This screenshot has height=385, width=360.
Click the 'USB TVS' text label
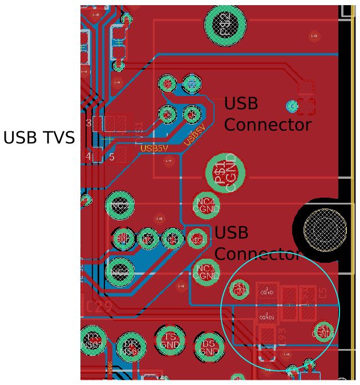pos(39,138)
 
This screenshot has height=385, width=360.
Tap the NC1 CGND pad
pos(205,272)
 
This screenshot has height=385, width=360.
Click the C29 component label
pos(99,307)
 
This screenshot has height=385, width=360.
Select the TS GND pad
pos(171,341)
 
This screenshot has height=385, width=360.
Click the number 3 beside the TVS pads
pos(88,123)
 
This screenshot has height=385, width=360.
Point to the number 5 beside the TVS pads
pos(112,156)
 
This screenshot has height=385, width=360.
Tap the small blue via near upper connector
pos(292,106)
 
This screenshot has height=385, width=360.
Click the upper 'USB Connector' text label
pos(267,114)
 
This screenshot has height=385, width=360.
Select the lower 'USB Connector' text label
pos(257,243)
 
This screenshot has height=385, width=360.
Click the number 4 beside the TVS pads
pos(88,156)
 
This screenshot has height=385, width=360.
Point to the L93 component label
pos(281,336)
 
